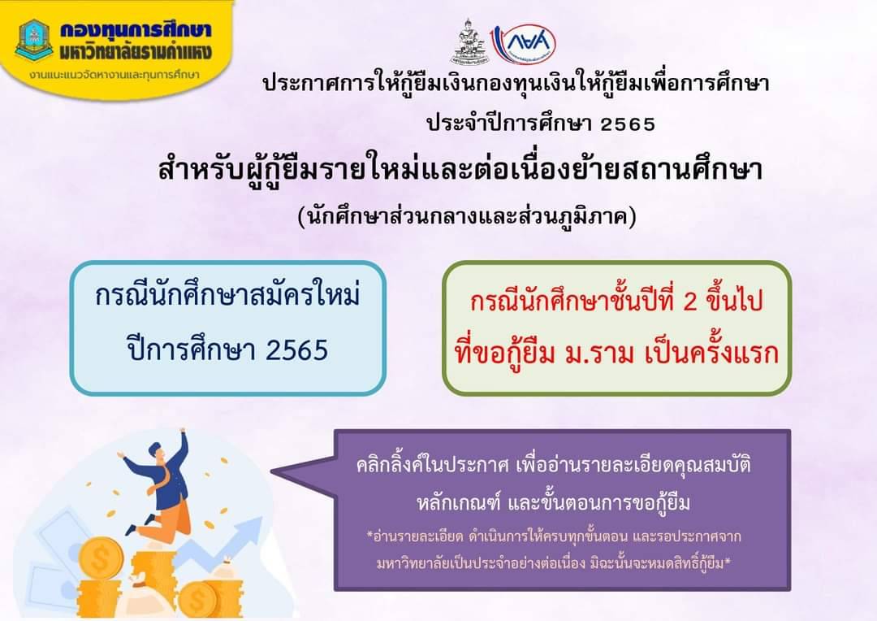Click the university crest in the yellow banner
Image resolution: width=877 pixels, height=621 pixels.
34,41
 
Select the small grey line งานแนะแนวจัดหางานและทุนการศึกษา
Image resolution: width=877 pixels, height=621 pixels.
114,75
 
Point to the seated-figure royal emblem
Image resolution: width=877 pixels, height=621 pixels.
469,42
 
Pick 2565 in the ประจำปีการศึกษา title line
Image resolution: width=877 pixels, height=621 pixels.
628,124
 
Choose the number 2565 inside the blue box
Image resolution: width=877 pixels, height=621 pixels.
297,351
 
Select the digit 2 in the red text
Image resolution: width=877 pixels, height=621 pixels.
690,302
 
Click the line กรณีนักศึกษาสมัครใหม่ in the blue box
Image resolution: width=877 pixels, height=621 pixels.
227,294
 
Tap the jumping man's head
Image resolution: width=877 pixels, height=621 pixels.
158,451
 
